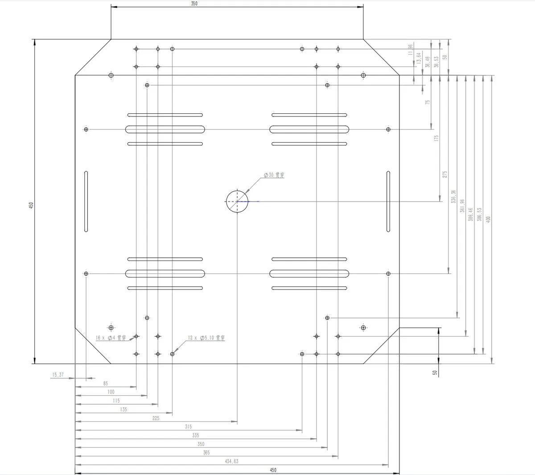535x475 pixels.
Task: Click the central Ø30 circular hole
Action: (237, 202)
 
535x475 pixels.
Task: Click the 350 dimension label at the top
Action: (194, 4)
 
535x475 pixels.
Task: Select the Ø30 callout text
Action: (274, 175)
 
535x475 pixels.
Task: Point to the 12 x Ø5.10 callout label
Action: (206, 338)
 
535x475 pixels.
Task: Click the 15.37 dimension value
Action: (58, 375)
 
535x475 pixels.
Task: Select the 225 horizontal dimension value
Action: (156, 418)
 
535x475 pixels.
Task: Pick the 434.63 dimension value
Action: (231, 461)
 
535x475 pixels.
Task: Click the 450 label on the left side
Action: (31, 205)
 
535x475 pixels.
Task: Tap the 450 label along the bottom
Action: (273, 470)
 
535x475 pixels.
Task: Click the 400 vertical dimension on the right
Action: (489, 219)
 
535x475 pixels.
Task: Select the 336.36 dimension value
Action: (453, 197)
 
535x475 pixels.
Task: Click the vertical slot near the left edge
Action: (86, 202)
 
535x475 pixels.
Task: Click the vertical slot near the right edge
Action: (388, 202)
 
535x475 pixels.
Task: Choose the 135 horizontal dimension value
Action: (123, 409)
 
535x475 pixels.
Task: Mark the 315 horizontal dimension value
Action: (188, 427)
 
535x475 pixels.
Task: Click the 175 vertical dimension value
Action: (436, 139)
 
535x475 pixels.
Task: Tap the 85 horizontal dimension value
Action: (105, 384)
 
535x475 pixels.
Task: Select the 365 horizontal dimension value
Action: (206, 453)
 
